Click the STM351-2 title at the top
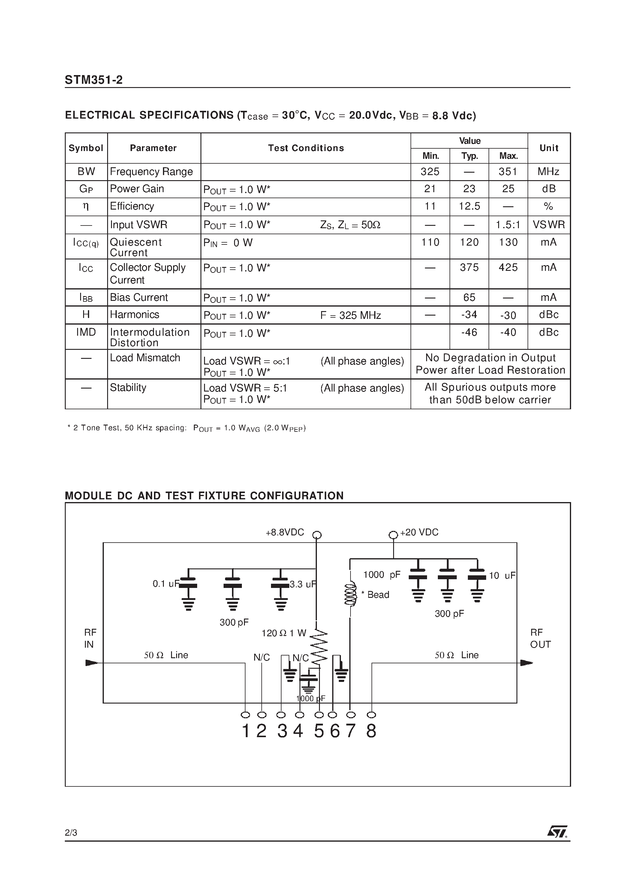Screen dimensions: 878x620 (x=94, y=80)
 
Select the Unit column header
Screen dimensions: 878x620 (x=549, y=148)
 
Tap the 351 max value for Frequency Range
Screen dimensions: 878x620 (x=508, y=172)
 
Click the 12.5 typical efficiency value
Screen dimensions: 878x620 (x=469, y=207)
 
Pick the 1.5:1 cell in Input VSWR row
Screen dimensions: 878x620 (x=508, y=225)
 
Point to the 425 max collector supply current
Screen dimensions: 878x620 (x=508, y=267)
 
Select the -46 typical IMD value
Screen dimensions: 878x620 (x=469, y=332)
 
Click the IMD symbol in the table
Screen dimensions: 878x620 (x=86, y=332)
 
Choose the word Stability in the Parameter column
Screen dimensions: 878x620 (x=128, y=387)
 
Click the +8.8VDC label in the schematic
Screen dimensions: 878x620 (x=285, y=532)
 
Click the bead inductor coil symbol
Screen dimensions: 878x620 (x=350, y=594)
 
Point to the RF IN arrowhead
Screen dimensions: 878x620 (x=92, y=663)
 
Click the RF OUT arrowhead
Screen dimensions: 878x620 (x=526, y=663)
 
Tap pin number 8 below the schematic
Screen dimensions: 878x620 (x=371, y=731)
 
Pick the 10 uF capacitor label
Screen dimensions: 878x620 (x=502, y=576)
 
